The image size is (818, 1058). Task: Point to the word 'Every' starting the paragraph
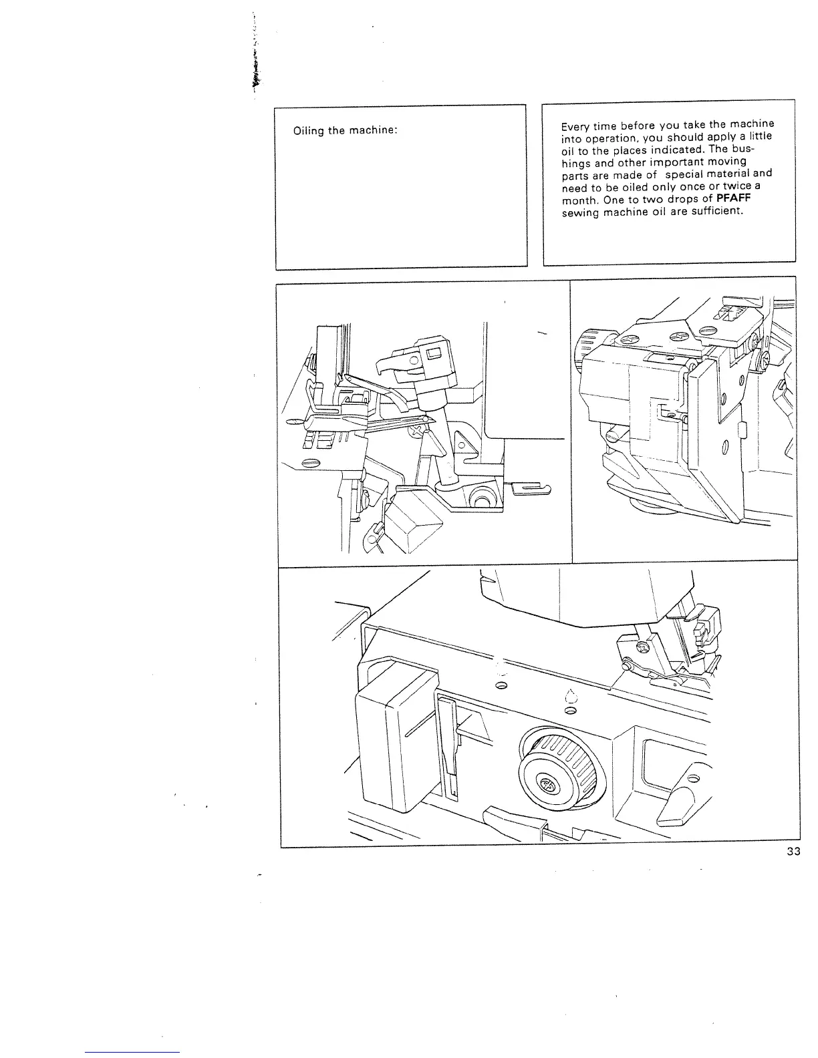pos(576,126)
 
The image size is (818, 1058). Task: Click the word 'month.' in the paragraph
pos(579,202)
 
